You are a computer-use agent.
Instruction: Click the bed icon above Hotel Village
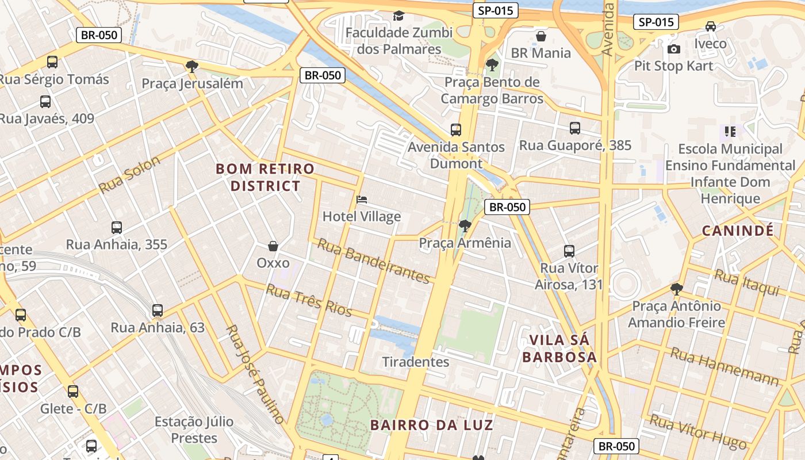[362, 200]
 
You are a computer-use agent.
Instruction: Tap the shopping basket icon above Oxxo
[273, 246]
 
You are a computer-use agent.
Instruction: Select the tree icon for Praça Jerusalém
[192, 67]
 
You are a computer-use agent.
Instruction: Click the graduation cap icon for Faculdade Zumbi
[398, 16]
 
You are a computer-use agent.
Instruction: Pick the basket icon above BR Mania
[541, 36]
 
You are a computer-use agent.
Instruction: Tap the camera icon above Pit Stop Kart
[674, 49]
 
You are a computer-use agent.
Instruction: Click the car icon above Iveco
[711, 26]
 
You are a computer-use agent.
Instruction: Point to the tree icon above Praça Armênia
[465, 225]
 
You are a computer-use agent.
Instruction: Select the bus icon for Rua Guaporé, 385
[575, 128]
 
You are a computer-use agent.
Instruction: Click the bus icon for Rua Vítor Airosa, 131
[569, 251]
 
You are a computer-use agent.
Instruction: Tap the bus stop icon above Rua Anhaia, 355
[117, 228]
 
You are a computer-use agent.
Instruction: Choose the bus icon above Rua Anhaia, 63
[158, 311]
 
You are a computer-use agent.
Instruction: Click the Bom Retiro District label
[266, 177]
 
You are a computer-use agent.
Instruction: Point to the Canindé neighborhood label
[738, 231]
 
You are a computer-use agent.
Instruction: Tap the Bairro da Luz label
[432, 425]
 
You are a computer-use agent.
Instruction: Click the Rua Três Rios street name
[309, 300]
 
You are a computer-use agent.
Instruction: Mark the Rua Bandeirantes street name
[374, 262]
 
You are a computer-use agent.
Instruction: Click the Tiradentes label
[416, 362]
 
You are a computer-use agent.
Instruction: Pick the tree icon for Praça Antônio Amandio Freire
[677, 289]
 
